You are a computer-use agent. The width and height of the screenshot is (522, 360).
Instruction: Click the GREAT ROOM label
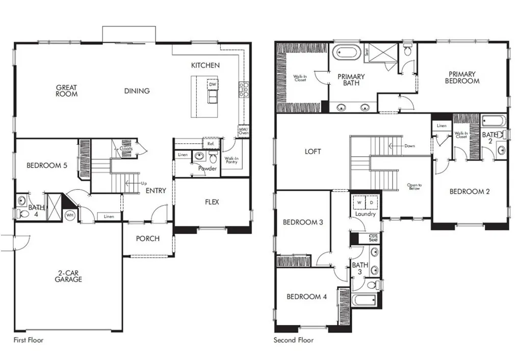(67, 91)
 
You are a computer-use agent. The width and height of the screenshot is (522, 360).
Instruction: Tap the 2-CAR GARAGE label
(68, 276)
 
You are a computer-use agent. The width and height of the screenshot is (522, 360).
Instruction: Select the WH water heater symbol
(69, 215)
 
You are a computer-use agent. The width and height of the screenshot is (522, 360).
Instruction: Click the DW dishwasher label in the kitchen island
(213, 84)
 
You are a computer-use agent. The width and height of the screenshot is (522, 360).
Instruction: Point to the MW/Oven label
(243, 132)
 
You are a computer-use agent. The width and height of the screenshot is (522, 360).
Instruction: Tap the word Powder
(207, 168)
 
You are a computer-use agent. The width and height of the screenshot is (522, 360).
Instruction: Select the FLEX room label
(212, 202)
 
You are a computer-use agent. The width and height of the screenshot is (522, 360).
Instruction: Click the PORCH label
(148, 239)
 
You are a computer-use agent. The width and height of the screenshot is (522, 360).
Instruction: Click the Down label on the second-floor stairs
(409, 146)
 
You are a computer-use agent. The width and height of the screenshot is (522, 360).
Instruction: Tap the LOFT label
(313, 151)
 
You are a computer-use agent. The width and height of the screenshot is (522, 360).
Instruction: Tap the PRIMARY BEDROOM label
(462, 77)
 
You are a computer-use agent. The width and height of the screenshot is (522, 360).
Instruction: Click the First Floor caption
(28, 340)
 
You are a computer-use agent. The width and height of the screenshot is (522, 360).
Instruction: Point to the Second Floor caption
(294, 340)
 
